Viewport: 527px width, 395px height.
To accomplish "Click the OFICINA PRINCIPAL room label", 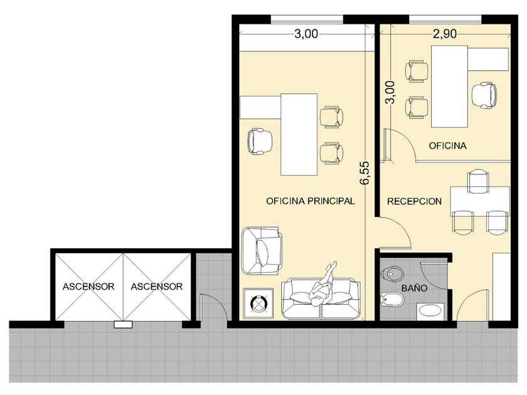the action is [x=310, y=201].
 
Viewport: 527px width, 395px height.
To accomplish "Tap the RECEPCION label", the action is [x=415, y=201].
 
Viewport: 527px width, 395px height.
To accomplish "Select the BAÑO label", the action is [x=415, y=288].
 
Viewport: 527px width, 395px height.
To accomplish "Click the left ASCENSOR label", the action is [x=88, y=287].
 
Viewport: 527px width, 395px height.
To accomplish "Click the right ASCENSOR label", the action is [x=157, y=287].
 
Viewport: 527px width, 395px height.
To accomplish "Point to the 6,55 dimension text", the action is [x=365, y=173].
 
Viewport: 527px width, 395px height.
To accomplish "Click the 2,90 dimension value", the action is [x=445, y=34].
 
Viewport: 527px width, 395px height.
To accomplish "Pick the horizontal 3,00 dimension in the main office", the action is [x=306, y=34].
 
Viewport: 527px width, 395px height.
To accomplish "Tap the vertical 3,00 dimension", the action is [x=390, y=92].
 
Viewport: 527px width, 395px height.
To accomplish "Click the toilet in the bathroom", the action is [x=391, y=274].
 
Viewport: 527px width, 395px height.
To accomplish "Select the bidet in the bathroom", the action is [x=391, y=299].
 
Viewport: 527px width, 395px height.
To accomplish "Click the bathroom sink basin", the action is [x=430, y=312].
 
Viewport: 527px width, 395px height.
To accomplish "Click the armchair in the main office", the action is [x=262, y=251].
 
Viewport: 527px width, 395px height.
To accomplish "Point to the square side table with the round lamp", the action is [x=258, y=303].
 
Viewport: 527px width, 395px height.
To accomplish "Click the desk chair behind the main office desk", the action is [x=260, y=142].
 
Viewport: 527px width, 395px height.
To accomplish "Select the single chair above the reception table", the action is [x=478, y=182].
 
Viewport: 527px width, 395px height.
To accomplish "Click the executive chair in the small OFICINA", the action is [x=484, y=95].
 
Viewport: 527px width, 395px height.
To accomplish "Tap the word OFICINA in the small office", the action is [x=448, y=145].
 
